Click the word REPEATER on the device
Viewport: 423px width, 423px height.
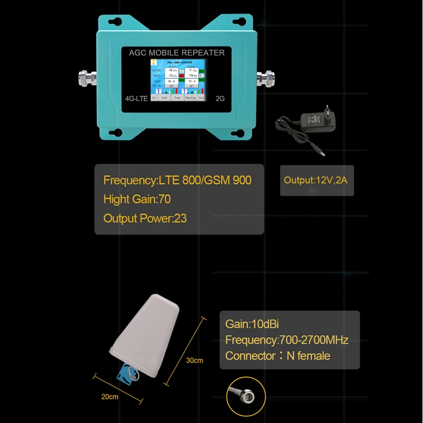(x=203, y=53)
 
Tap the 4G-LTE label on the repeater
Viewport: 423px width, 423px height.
(x=136, y=98)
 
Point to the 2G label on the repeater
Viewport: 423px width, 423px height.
(x=220, y=98)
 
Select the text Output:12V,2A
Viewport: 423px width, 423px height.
(x=316, y=180)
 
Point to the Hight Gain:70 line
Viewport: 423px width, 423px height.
(x=137, y=199)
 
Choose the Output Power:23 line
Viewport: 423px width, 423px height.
(x=145, y=218)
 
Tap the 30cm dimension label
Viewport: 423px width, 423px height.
(x=194, y=361)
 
